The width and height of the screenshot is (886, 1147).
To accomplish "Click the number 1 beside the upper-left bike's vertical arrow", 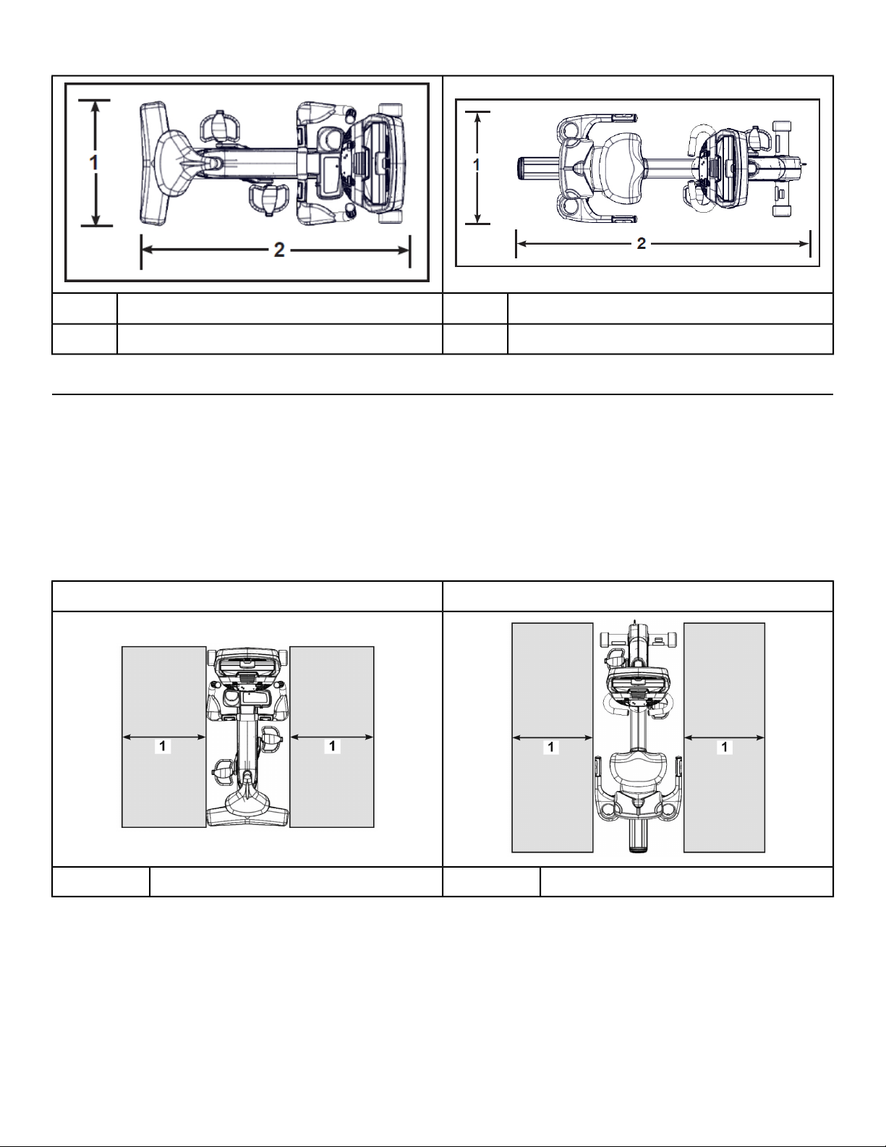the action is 95,163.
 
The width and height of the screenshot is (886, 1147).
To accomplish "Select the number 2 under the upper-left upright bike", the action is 279,250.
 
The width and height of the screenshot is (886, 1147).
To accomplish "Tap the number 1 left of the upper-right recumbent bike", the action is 476,165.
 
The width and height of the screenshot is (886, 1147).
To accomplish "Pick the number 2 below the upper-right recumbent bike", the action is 642,243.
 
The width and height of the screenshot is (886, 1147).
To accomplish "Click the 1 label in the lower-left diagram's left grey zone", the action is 163,746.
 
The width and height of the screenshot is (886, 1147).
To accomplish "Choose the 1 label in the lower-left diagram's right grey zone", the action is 332,746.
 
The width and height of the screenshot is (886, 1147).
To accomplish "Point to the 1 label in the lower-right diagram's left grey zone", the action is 551,747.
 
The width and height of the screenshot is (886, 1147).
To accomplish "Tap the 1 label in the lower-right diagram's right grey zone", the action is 724,747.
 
